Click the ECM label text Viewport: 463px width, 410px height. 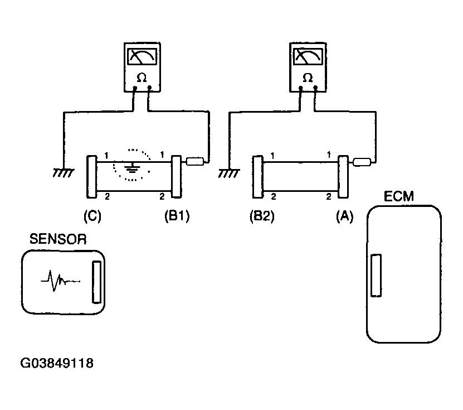[398, 196]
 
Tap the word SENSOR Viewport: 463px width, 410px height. [58, 239]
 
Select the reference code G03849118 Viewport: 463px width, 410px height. [57, 363]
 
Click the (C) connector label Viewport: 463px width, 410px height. [92, 216]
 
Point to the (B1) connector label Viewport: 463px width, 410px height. [177, 216]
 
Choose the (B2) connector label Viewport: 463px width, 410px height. [262, 216]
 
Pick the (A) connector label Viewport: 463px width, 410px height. [344, 216]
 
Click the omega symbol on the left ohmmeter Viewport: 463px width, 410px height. [142, 78]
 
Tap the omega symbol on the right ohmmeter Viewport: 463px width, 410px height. [308, 78]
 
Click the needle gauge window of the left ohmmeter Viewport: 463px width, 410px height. [142, 56]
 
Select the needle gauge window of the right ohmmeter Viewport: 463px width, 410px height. [308, 56]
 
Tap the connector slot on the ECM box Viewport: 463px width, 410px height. [376, 275]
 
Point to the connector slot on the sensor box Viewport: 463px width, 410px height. [96, 282]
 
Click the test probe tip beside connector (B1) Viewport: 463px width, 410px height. [195, 161]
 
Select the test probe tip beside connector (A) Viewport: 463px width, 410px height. [362, 162]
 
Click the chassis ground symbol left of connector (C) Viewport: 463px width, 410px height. [64, 172]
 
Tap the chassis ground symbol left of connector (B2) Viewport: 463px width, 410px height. [229, 173]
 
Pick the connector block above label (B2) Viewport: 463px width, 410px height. [258, 177]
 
